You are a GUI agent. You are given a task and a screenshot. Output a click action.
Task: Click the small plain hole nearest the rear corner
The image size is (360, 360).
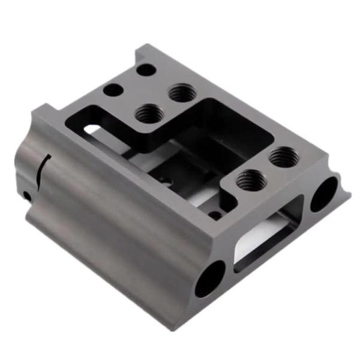(x=146, y=70)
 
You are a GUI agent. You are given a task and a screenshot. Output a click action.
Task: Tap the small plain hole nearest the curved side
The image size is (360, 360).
(x=113, y=91)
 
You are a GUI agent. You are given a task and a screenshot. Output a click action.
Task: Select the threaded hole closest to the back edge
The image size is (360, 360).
(x=180, y=93)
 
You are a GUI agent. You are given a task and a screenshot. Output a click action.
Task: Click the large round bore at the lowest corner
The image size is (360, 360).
(x=210, y=278)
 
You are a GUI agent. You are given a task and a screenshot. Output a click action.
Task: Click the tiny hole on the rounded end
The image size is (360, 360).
(x=26, y=195)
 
